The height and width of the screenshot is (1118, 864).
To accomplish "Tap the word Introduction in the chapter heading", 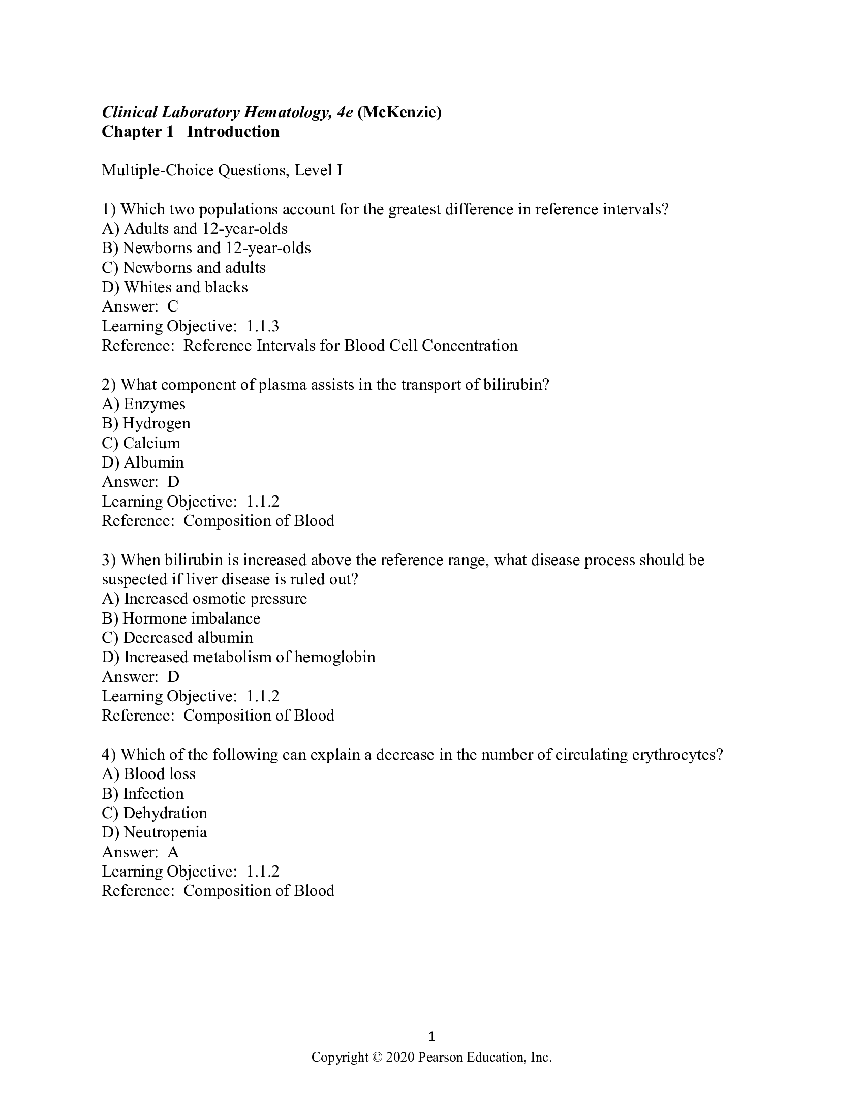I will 233,132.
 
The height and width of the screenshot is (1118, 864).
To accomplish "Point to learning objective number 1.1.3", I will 263,326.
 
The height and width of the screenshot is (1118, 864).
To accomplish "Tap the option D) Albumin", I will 143,462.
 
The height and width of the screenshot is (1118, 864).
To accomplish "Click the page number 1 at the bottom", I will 431,1037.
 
